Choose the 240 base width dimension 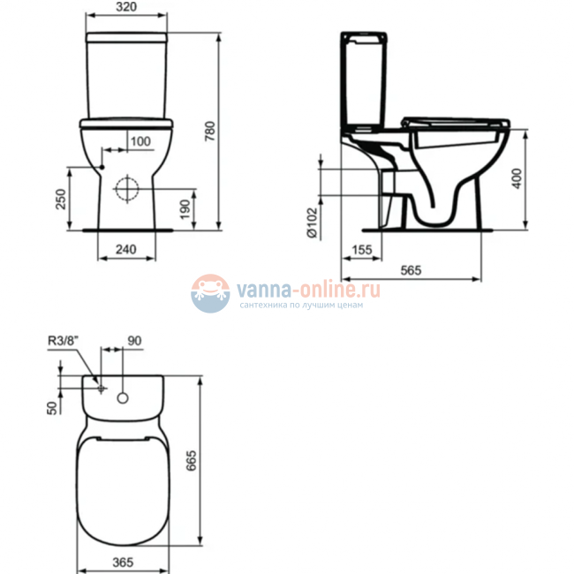127,250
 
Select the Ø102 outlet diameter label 312,223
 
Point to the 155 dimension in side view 360,251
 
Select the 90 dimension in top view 135,340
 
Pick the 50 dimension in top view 52,405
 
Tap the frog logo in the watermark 210,293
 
